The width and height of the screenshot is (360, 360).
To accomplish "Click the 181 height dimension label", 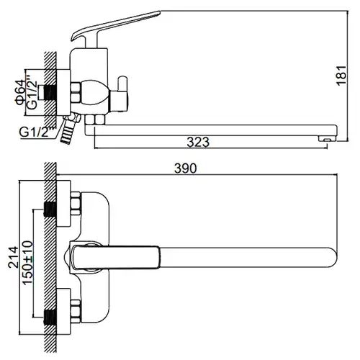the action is (x=341, y=76).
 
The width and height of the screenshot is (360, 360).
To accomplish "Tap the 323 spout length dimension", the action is (x=198, y=142).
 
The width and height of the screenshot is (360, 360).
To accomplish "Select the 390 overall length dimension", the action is (x=185, y=168).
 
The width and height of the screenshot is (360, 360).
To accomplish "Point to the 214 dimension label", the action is (x=13, y=257).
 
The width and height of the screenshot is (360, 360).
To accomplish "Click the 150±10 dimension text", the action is (x=27, y=263).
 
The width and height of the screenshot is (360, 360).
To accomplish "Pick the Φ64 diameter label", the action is (x=20, y=92).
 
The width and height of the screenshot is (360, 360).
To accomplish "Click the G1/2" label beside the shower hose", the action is (x=37, y=132).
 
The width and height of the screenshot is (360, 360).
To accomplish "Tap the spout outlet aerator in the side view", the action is (x=326, y=139).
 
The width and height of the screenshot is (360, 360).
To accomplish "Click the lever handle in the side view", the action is (x=116, y=27).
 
